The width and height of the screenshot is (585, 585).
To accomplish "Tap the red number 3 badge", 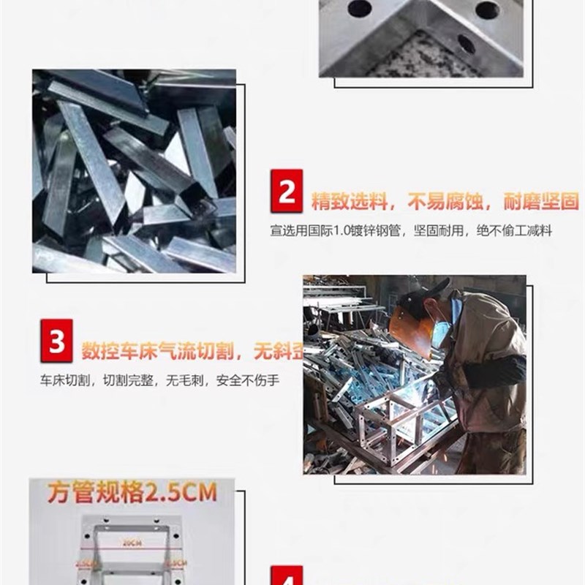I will coord(57,342).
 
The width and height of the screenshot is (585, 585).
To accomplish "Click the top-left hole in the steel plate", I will coord(359,9).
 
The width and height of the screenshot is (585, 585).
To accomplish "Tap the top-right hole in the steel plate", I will coord(487,10).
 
